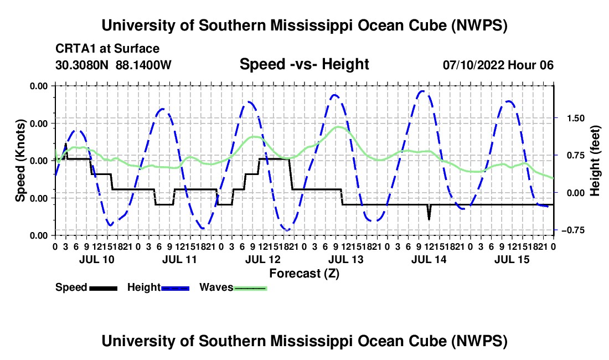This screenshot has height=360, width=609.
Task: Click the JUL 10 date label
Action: coord(97,259)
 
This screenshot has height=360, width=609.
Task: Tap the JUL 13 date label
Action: coord(345,259)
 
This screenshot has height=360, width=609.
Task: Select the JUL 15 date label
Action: coord(512,259)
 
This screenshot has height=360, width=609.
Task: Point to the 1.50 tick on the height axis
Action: coord(576,119)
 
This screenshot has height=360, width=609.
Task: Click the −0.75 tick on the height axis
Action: coord(573,230)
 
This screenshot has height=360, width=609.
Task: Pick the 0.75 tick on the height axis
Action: coord(576,156)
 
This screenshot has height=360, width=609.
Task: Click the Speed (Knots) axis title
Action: coord(20,161)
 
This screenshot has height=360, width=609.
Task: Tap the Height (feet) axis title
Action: coord(595,161)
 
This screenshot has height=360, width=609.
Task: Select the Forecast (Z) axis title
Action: coord(304,274)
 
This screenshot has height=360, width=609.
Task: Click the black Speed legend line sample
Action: coord(104,288)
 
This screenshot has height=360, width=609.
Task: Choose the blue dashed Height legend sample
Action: coord(175,288)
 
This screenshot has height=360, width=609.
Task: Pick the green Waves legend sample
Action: coord(250,288)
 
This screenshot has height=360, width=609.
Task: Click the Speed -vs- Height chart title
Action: coord(304,64)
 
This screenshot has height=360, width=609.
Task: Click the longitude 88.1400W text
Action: coord(143,65)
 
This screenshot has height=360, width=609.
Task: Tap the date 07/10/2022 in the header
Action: coord(474,65)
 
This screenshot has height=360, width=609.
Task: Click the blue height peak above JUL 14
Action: coord(422,91)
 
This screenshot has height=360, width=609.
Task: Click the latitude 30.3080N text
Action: coord(82,65)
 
